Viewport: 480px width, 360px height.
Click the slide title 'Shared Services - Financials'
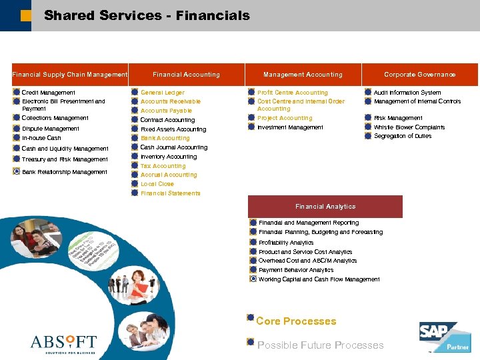point(147,15)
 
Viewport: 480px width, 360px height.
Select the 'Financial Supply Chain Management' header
point(69,75)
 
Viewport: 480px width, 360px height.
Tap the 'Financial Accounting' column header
point(186,75)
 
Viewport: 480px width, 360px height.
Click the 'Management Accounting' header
point(303,75)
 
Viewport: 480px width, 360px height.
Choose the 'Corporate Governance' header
point(420,75)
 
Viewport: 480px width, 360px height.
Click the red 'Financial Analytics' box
point(325,207)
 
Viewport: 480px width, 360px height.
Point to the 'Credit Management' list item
point(49,93)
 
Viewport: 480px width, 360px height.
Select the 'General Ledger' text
point(163,93)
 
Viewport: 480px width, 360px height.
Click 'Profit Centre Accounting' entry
point(293,93)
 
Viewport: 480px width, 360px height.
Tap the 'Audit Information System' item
point(407,93)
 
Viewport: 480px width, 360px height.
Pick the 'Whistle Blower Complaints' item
point(409,127)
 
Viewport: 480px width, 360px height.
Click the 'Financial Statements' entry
point(170,193)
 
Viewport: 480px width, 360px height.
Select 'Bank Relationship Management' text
point(65,172)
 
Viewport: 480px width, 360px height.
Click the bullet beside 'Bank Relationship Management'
point(16,172)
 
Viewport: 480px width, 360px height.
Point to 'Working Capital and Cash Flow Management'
point(319,279)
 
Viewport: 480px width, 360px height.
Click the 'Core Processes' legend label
point(296,321)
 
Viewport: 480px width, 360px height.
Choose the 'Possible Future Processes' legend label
point(321,345)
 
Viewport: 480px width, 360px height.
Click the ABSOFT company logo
point(63,343)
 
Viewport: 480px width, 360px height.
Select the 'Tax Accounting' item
point(163,166)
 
